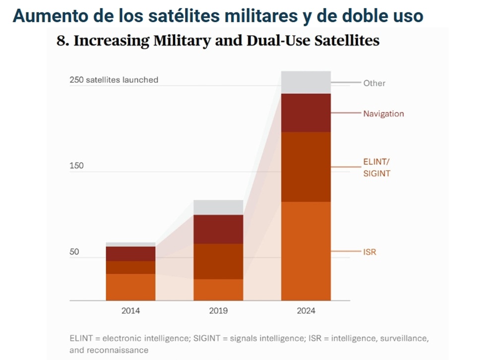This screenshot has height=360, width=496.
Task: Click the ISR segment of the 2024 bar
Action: pos(306,251)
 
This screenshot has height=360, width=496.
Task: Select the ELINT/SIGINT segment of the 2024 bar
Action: pos(306,167)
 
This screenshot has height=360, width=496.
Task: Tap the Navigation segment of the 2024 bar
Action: pos(306,113)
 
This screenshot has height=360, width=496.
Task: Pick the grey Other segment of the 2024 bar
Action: pos(306,82)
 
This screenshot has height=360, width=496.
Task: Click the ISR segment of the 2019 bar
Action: pos(218,290)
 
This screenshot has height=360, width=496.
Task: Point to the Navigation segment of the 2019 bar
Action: pos(218,229)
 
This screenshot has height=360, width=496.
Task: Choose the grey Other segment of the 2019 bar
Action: pos(218,207)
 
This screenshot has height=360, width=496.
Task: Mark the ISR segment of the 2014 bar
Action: pos(130,287)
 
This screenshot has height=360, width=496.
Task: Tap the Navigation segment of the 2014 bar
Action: pos(130,253)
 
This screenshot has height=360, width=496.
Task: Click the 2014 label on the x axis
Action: pos(130,311)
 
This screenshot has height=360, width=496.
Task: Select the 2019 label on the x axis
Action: pos(218,311)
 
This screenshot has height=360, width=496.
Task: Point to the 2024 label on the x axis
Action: pos(306,311)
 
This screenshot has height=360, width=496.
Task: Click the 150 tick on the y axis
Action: pos(76,166)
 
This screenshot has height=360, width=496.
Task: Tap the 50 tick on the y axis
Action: pos(74,252)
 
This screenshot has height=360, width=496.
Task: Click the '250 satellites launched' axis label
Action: pos(114,79)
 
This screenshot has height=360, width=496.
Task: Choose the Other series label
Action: pos(374,83)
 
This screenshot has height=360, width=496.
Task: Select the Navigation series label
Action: pos(383,114)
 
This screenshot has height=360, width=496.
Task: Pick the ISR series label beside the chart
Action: pos(370,252)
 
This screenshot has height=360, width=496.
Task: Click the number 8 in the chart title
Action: pos(62,41)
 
